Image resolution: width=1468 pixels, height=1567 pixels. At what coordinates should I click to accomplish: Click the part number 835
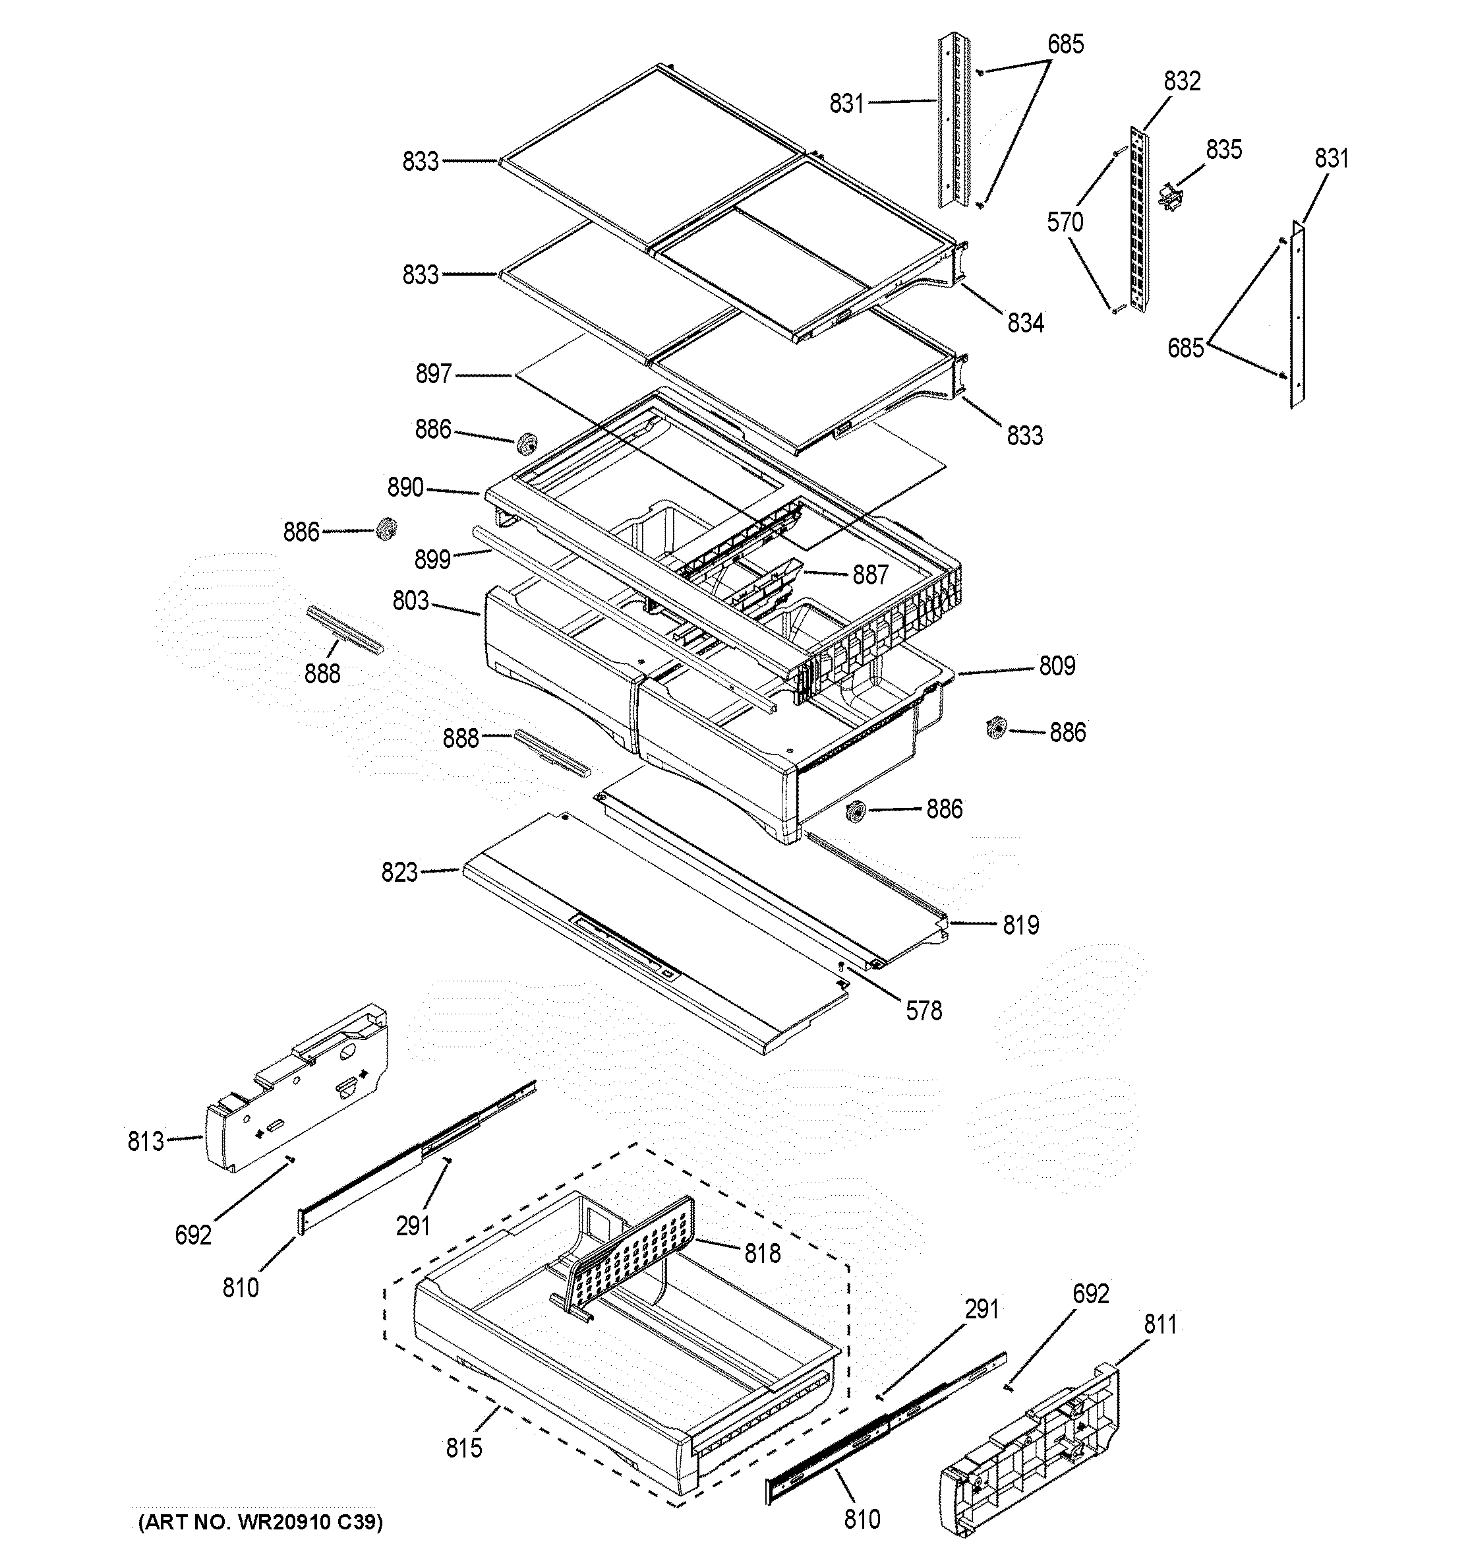(x=1223, y=150)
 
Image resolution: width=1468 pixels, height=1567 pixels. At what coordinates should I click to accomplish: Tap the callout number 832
(x=1182, y=81)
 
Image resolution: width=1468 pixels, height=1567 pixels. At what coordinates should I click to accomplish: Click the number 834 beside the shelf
(x=1025, y=323)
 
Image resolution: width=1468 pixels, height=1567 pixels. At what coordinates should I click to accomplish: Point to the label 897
(x=433, y=374)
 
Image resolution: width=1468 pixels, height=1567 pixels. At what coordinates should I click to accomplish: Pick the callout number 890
(x=405, y=488)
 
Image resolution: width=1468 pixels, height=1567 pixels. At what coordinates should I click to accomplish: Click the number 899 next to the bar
(x=432, y=560)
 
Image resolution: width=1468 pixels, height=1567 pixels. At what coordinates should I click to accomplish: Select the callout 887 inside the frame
(x=870, y=575)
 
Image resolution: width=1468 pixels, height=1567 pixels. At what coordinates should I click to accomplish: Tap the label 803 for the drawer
(x=411, y=601)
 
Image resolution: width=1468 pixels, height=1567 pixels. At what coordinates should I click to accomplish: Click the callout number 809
(x=1057, y=666)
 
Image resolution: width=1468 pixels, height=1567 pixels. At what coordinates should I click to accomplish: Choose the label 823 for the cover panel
(x=399, y=873)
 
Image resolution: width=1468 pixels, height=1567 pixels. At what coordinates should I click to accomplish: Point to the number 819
(x=1020, y=925)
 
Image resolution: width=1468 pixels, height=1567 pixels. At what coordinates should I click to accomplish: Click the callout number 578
(x=924, y=1010)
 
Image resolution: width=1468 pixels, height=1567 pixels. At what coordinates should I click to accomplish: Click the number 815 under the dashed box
(x=463, y=1448)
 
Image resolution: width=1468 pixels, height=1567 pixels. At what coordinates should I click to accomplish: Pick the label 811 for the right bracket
(x=1160, y=1325)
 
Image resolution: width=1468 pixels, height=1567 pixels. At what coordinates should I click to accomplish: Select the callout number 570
(x=1065, y=223)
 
